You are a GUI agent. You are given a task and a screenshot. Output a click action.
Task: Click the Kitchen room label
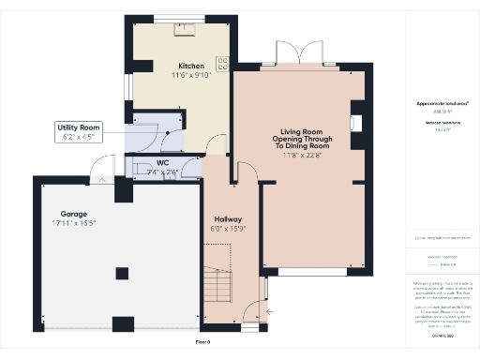pos(191,66)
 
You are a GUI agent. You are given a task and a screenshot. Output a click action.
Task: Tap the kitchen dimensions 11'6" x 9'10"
pos(191,75)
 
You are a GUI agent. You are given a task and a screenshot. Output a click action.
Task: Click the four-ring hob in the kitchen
pos(223,64)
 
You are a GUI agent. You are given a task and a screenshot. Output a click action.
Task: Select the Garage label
pos(73,214)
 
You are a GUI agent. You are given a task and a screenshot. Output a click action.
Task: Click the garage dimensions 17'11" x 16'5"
pos(73,224)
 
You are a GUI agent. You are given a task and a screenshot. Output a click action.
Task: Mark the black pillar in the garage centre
pos(121,273)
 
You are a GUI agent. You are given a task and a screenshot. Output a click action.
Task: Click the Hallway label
pos(227,218)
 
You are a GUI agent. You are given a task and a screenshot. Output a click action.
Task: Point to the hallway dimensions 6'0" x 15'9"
pos(227,229)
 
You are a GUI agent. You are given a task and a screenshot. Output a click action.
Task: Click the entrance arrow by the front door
pos(271,309)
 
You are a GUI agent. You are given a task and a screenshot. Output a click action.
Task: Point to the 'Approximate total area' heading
pos(435,102)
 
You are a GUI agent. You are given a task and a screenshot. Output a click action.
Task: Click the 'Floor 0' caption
pos(202,343)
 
